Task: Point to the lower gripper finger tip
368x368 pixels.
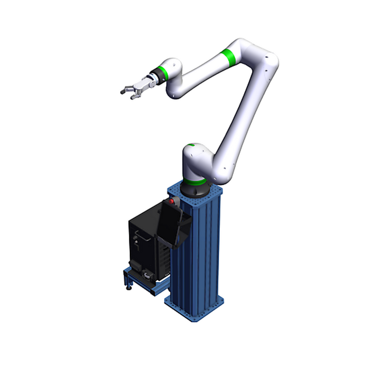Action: [132, 98]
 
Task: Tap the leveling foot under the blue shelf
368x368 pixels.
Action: [128, 287]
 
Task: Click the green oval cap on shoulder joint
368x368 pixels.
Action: [191, 146]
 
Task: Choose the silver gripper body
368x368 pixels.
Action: [141, 85]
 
